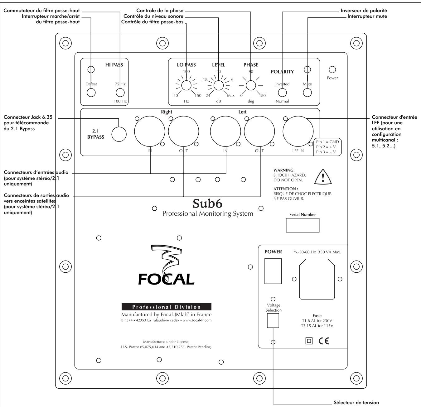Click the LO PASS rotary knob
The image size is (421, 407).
pos(186,85)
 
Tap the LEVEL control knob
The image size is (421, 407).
pos(218,85)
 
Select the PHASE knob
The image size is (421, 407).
pos(250,85)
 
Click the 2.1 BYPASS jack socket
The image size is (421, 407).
pos(119,134)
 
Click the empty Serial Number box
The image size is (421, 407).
pos(302,225)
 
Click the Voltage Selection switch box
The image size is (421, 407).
pos(273,321)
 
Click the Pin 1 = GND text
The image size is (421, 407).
pos(327,142)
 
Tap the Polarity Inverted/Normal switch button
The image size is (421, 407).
pos(282,93)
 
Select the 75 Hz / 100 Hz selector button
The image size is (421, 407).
pos(120,93)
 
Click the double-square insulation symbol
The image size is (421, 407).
pos(309,341)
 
